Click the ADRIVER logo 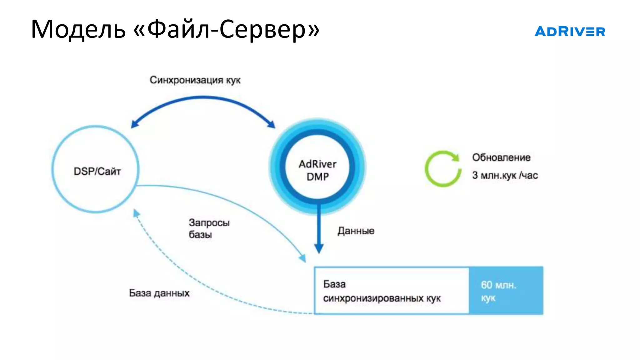(x=570, y=31)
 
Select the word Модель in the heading (x=78, y=29)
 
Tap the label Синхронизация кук (x=195, y=80)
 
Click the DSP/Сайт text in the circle (x=97, y=171)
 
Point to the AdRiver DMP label (x=317, y=170)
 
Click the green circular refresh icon (x=443, y=169)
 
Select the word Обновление (x=501, y=157)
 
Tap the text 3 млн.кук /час (x=505, y=175)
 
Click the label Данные (x=356, y=231)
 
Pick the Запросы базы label (x=209, y=228)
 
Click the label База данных (x=159, y=293)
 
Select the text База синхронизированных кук (x=382, y=291)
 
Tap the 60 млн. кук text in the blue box (x=498, y=291)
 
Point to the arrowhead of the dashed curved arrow (x=136, y=213)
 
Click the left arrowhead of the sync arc (x=134, y=124)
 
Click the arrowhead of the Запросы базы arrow (x=302, y=259)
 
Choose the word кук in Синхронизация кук (x=233, y=80)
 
